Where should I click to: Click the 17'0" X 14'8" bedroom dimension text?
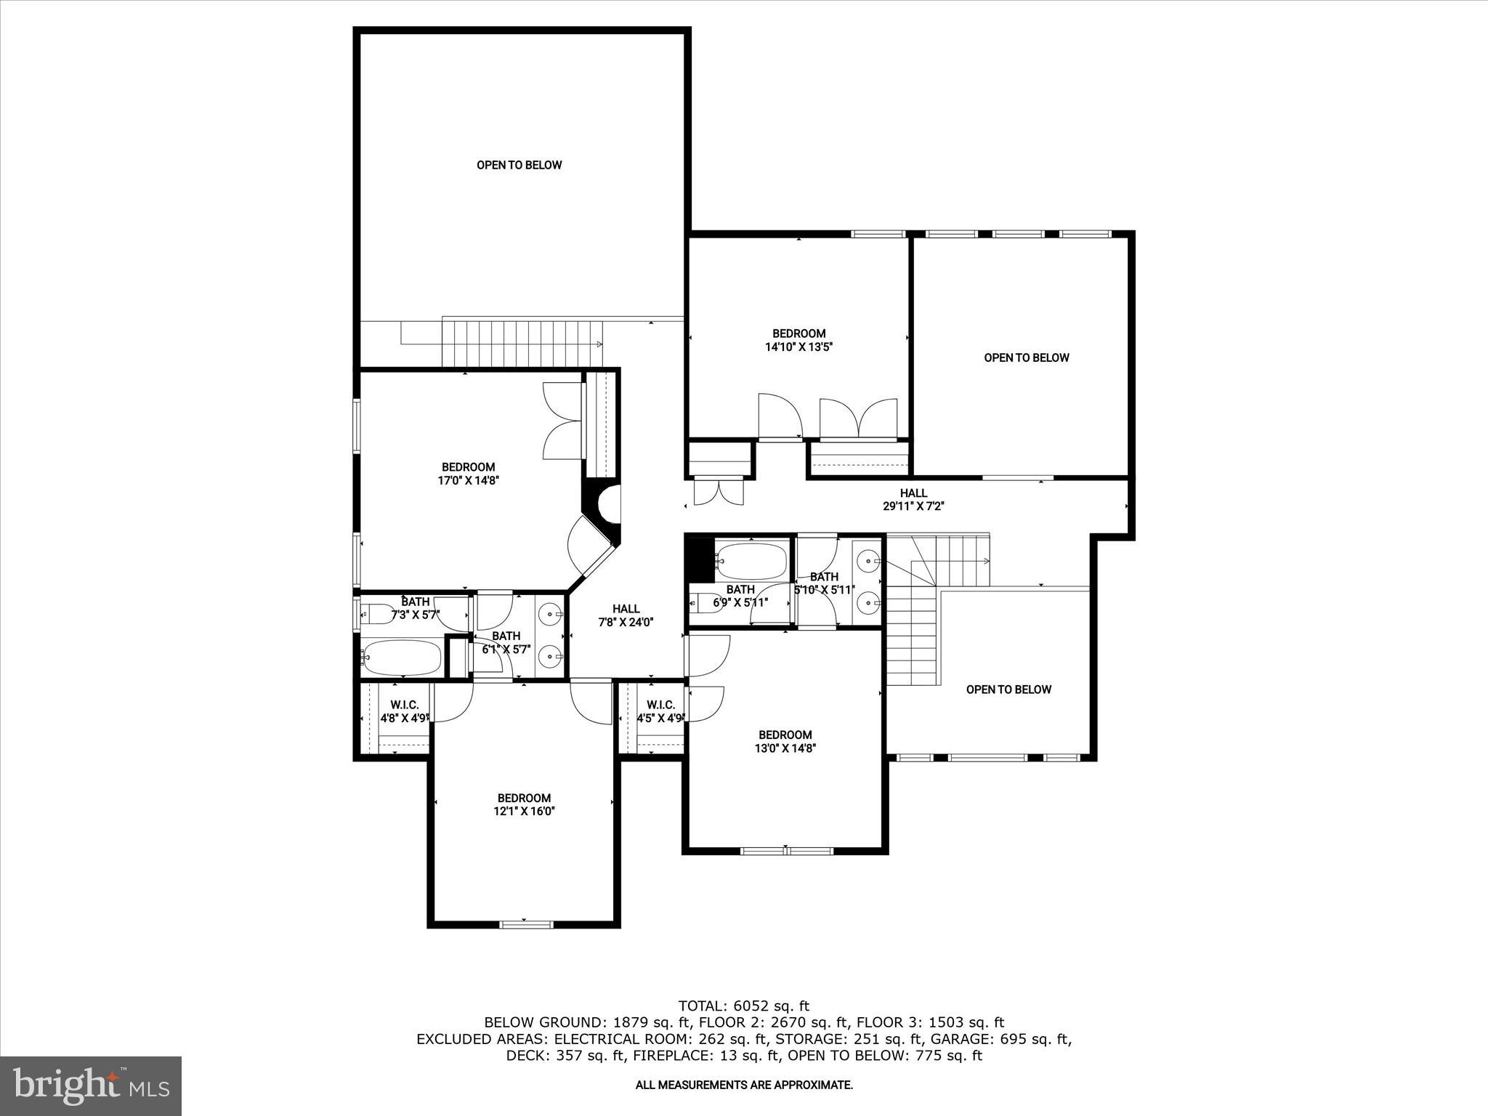click(x=469, y=480)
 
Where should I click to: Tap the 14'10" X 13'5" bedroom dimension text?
click(x=798, y=347)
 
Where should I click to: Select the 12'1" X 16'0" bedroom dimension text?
click(x=524, y=812)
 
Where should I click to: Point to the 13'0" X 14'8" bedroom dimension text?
click(x=785, y=748)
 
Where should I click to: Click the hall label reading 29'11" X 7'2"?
click(x=913, y=506)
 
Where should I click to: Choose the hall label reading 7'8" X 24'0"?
click(x=626, y=622)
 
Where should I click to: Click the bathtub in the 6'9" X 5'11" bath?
click(x=751, y=559)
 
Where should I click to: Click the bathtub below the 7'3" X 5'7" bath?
click(x=401, y=658)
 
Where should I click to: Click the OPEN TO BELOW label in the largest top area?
click(x=519, y=165)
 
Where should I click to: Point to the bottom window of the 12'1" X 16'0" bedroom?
click(x=526, y=924)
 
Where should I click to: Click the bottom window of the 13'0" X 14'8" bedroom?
click(x=787, y=850)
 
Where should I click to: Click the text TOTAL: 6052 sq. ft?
click(x=743, y=1006)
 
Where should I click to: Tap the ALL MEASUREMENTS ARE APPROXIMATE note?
click(x=744, y=1085)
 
